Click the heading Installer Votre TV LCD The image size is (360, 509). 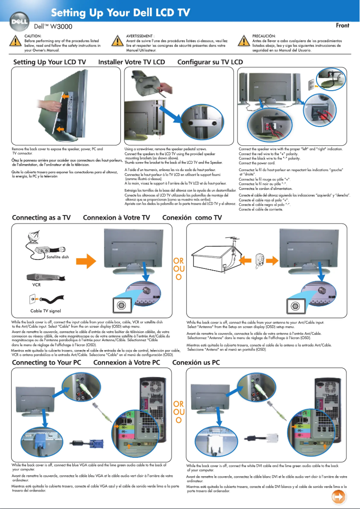pos(132,62)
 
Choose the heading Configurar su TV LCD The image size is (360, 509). pos(210,62)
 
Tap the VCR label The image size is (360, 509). pos(36,284)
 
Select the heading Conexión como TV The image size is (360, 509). pos(192,218)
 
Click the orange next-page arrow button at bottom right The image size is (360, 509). pos(339,497)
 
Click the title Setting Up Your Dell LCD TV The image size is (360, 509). pos(120,13)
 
